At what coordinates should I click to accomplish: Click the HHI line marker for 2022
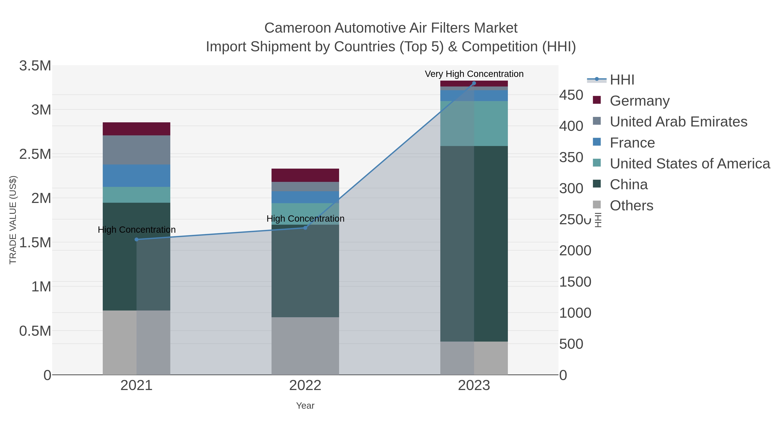(305, 228)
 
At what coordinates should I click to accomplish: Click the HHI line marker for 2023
(474, 83)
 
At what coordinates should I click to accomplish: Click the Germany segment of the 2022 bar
(305, 175)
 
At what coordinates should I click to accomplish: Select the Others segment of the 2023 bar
(474, 358)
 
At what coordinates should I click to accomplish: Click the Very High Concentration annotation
(474, 74)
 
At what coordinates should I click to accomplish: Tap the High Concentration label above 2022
(305, 219)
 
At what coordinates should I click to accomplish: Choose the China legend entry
(628, 185)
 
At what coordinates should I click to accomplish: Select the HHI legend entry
(622, 80)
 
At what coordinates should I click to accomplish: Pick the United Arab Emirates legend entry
(678, 122)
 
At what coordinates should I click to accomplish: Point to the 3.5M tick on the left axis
(35, 66)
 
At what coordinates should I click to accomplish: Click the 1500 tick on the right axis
(575, 282)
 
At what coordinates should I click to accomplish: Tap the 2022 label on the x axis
(305, 386)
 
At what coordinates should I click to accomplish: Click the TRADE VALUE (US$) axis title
(13, 220)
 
